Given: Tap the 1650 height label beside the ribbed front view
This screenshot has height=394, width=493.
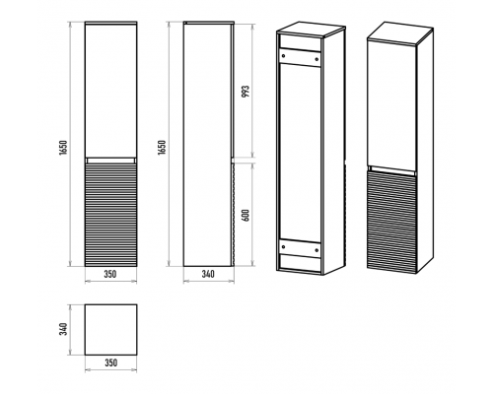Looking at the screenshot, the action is click(64, 147).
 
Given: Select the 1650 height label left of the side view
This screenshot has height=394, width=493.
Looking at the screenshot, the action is click(162, 147).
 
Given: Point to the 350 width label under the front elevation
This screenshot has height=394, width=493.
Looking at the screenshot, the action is click(110, 274).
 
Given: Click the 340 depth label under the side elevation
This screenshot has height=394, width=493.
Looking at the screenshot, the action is click(208, 274).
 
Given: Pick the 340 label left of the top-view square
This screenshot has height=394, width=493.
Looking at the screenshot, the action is click(64, 329).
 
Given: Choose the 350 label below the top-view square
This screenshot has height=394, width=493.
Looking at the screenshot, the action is click(110, 362).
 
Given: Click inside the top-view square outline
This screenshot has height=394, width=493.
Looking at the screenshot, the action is click(110, 330).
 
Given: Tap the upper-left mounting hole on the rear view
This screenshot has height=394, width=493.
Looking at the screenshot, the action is click(282, 56).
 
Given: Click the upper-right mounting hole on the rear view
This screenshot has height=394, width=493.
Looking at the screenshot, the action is click(317, 59).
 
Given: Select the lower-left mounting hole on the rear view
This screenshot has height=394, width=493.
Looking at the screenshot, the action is click(283, 245).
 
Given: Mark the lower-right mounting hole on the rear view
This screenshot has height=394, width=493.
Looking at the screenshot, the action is click(317, 250).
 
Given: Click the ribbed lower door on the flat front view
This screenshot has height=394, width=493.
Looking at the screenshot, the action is click(110, 215).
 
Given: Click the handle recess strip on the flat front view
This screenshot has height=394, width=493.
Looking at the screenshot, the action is click(110, 161).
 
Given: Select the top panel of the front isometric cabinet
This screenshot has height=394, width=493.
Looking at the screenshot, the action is click(399, 33).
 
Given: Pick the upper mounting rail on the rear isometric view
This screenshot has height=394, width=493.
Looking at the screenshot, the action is click(300, 58).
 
